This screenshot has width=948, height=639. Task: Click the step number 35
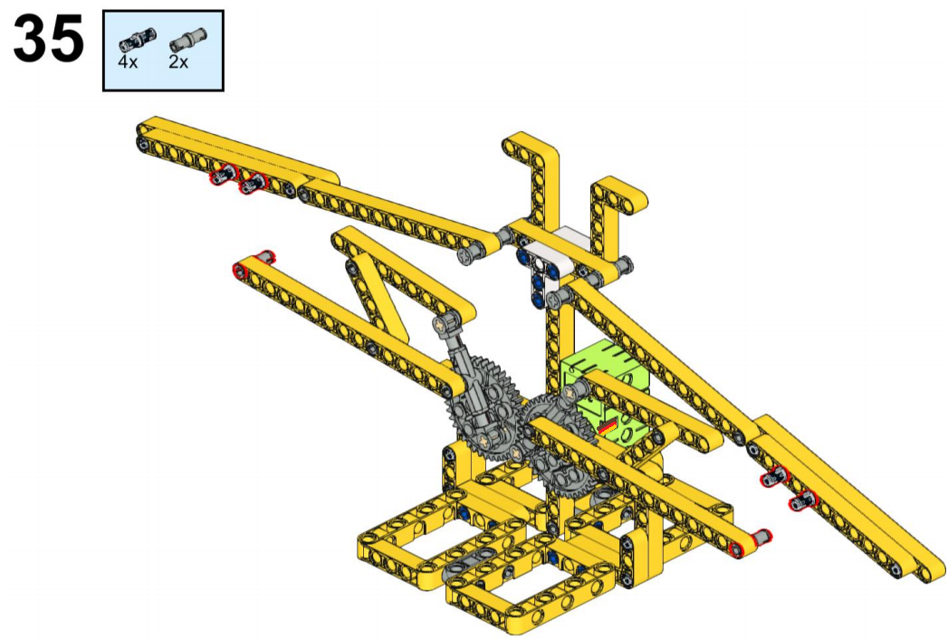(48, 39)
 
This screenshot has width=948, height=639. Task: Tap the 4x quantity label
(128, 62)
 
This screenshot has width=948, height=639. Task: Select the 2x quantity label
(178, 62)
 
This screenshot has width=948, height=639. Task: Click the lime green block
(605, 386)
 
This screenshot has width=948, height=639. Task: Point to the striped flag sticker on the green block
(608, 427)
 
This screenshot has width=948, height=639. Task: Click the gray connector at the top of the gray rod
(446, 322)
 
